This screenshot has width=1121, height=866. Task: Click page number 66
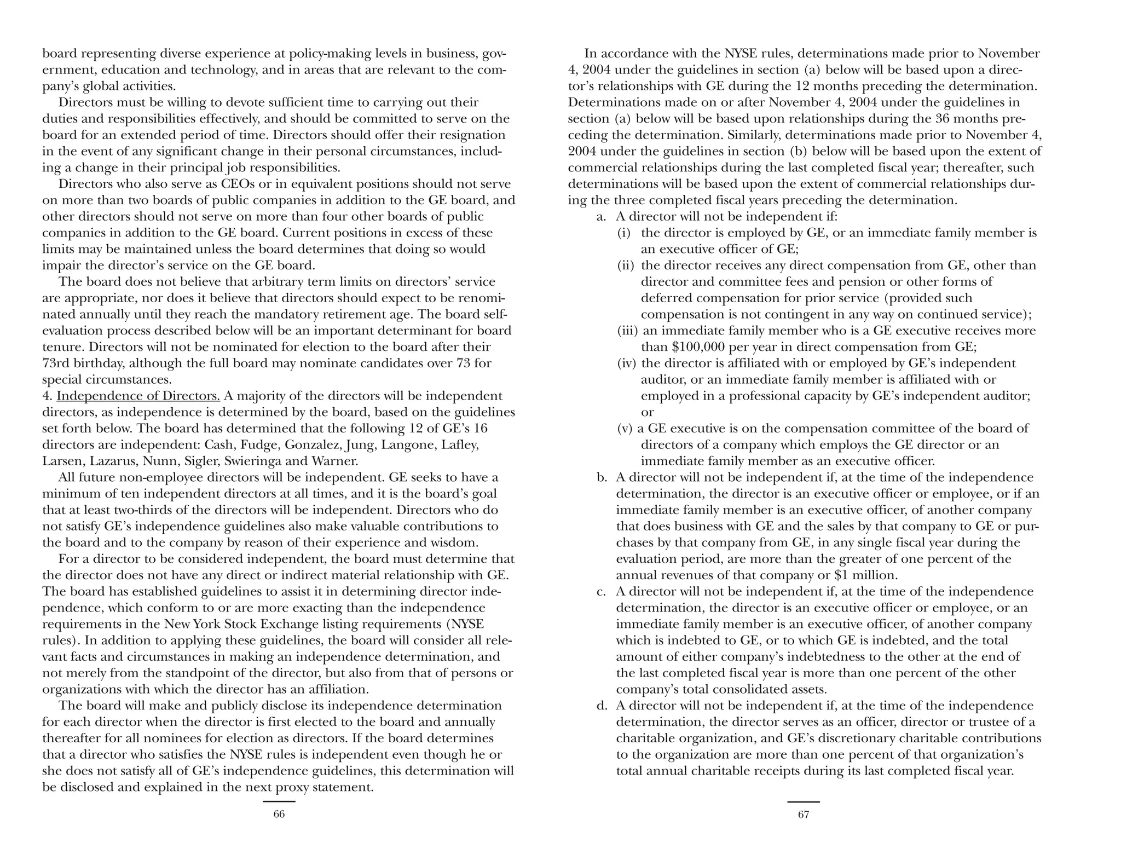(279, 815)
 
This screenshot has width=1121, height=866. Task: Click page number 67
(803, 815)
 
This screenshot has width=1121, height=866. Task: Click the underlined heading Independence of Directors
(138, 396)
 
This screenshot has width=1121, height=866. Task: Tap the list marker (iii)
(627, 331)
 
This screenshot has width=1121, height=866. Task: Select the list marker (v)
(625, 429)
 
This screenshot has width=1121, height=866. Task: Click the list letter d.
(602, 706)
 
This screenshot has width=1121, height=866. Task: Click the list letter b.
(602, 477)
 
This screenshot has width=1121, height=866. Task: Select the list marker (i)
(624, 233)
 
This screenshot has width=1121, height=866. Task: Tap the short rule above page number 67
(803, 802)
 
